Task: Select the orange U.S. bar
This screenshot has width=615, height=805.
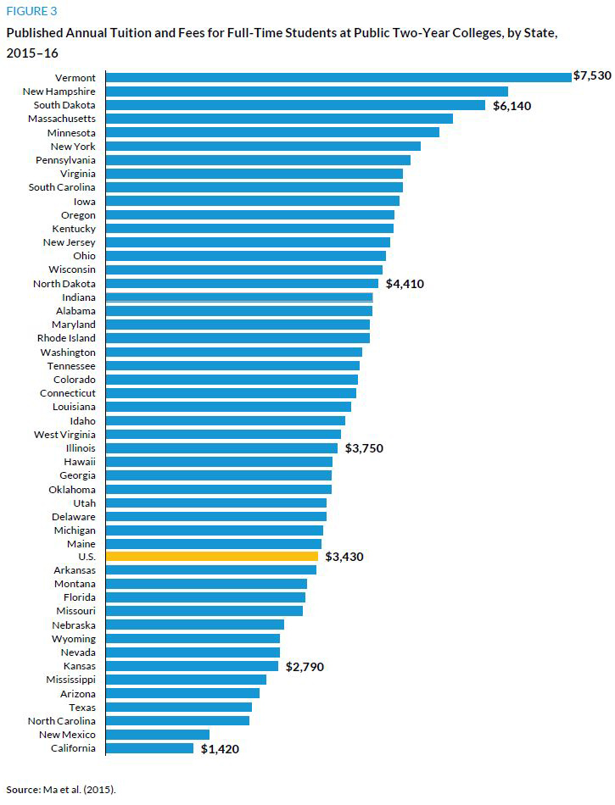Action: [x=211, y=557]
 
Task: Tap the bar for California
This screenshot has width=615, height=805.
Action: [x=149, y=748]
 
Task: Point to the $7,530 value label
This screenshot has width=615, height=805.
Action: [x=592, y=76]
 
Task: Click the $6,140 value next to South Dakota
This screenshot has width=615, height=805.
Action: [x=512, y=106]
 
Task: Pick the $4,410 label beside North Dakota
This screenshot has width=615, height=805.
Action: [x=405, y=284]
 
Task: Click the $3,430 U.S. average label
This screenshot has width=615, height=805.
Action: [x=344, y=557]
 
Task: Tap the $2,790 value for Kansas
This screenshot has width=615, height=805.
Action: [x=305, y=667]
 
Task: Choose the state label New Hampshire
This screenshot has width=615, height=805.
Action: [x=59, y=92]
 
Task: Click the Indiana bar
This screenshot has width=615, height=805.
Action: [x=238, y=297]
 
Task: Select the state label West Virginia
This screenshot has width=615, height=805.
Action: [x=64, y=435]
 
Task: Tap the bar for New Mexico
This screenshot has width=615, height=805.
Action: [x=157, y=735]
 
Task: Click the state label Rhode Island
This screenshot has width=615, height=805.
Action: [x=66, y=339]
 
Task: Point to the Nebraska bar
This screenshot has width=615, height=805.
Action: [x=194, y=625]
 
